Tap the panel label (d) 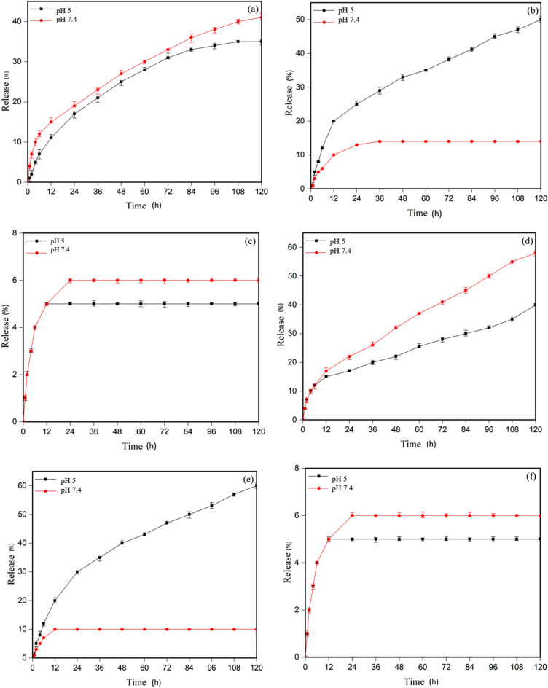531,241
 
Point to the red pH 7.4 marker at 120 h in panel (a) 262,17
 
